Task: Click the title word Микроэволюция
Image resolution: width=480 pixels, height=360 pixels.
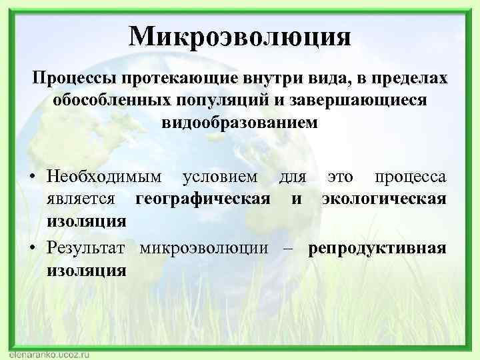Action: (240, 35)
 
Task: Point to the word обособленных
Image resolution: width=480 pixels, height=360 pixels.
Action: (112, 101)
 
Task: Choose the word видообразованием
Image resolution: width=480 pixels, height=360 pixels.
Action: (240, 123)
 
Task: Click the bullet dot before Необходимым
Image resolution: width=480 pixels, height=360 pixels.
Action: (33, 177)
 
